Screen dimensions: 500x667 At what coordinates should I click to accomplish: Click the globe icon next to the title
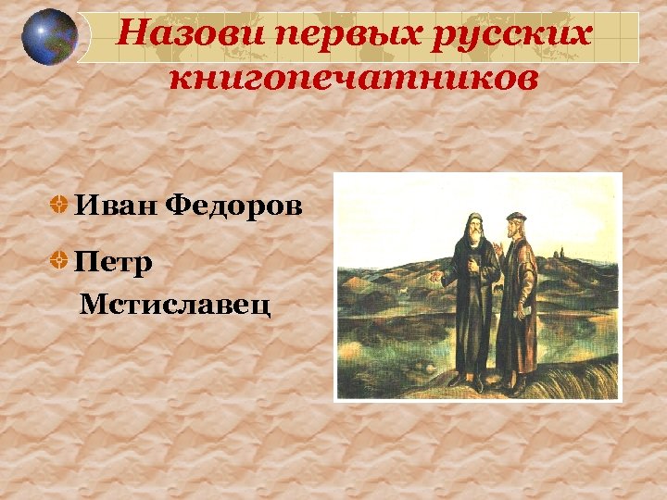coord(49,36)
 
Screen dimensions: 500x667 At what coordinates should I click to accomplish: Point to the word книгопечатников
coord(352,79)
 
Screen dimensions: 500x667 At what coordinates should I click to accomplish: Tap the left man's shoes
coord(469,382)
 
